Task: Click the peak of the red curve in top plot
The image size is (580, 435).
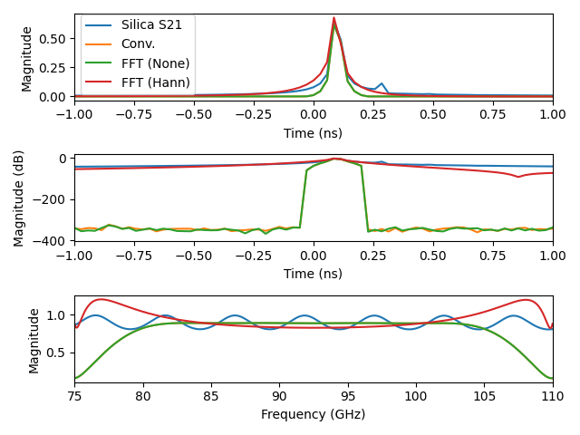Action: point(333,17)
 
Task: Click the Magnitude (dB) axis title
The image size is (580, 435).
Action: point(19,199)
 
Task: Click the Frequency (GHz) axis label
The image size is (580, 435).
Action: point(313,414)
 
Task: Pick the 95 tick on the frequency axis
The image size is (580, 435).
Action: point(347,396)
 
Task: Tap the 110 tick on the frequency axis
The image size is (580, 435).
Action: point(552,396)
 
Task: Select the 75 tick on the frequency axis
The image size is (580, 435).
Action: point(74,396)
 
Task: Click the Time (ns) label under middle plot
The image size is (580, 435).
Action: point(313,273)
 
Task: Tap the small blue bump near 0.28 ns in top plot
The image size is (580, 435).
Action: point(382,83)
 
